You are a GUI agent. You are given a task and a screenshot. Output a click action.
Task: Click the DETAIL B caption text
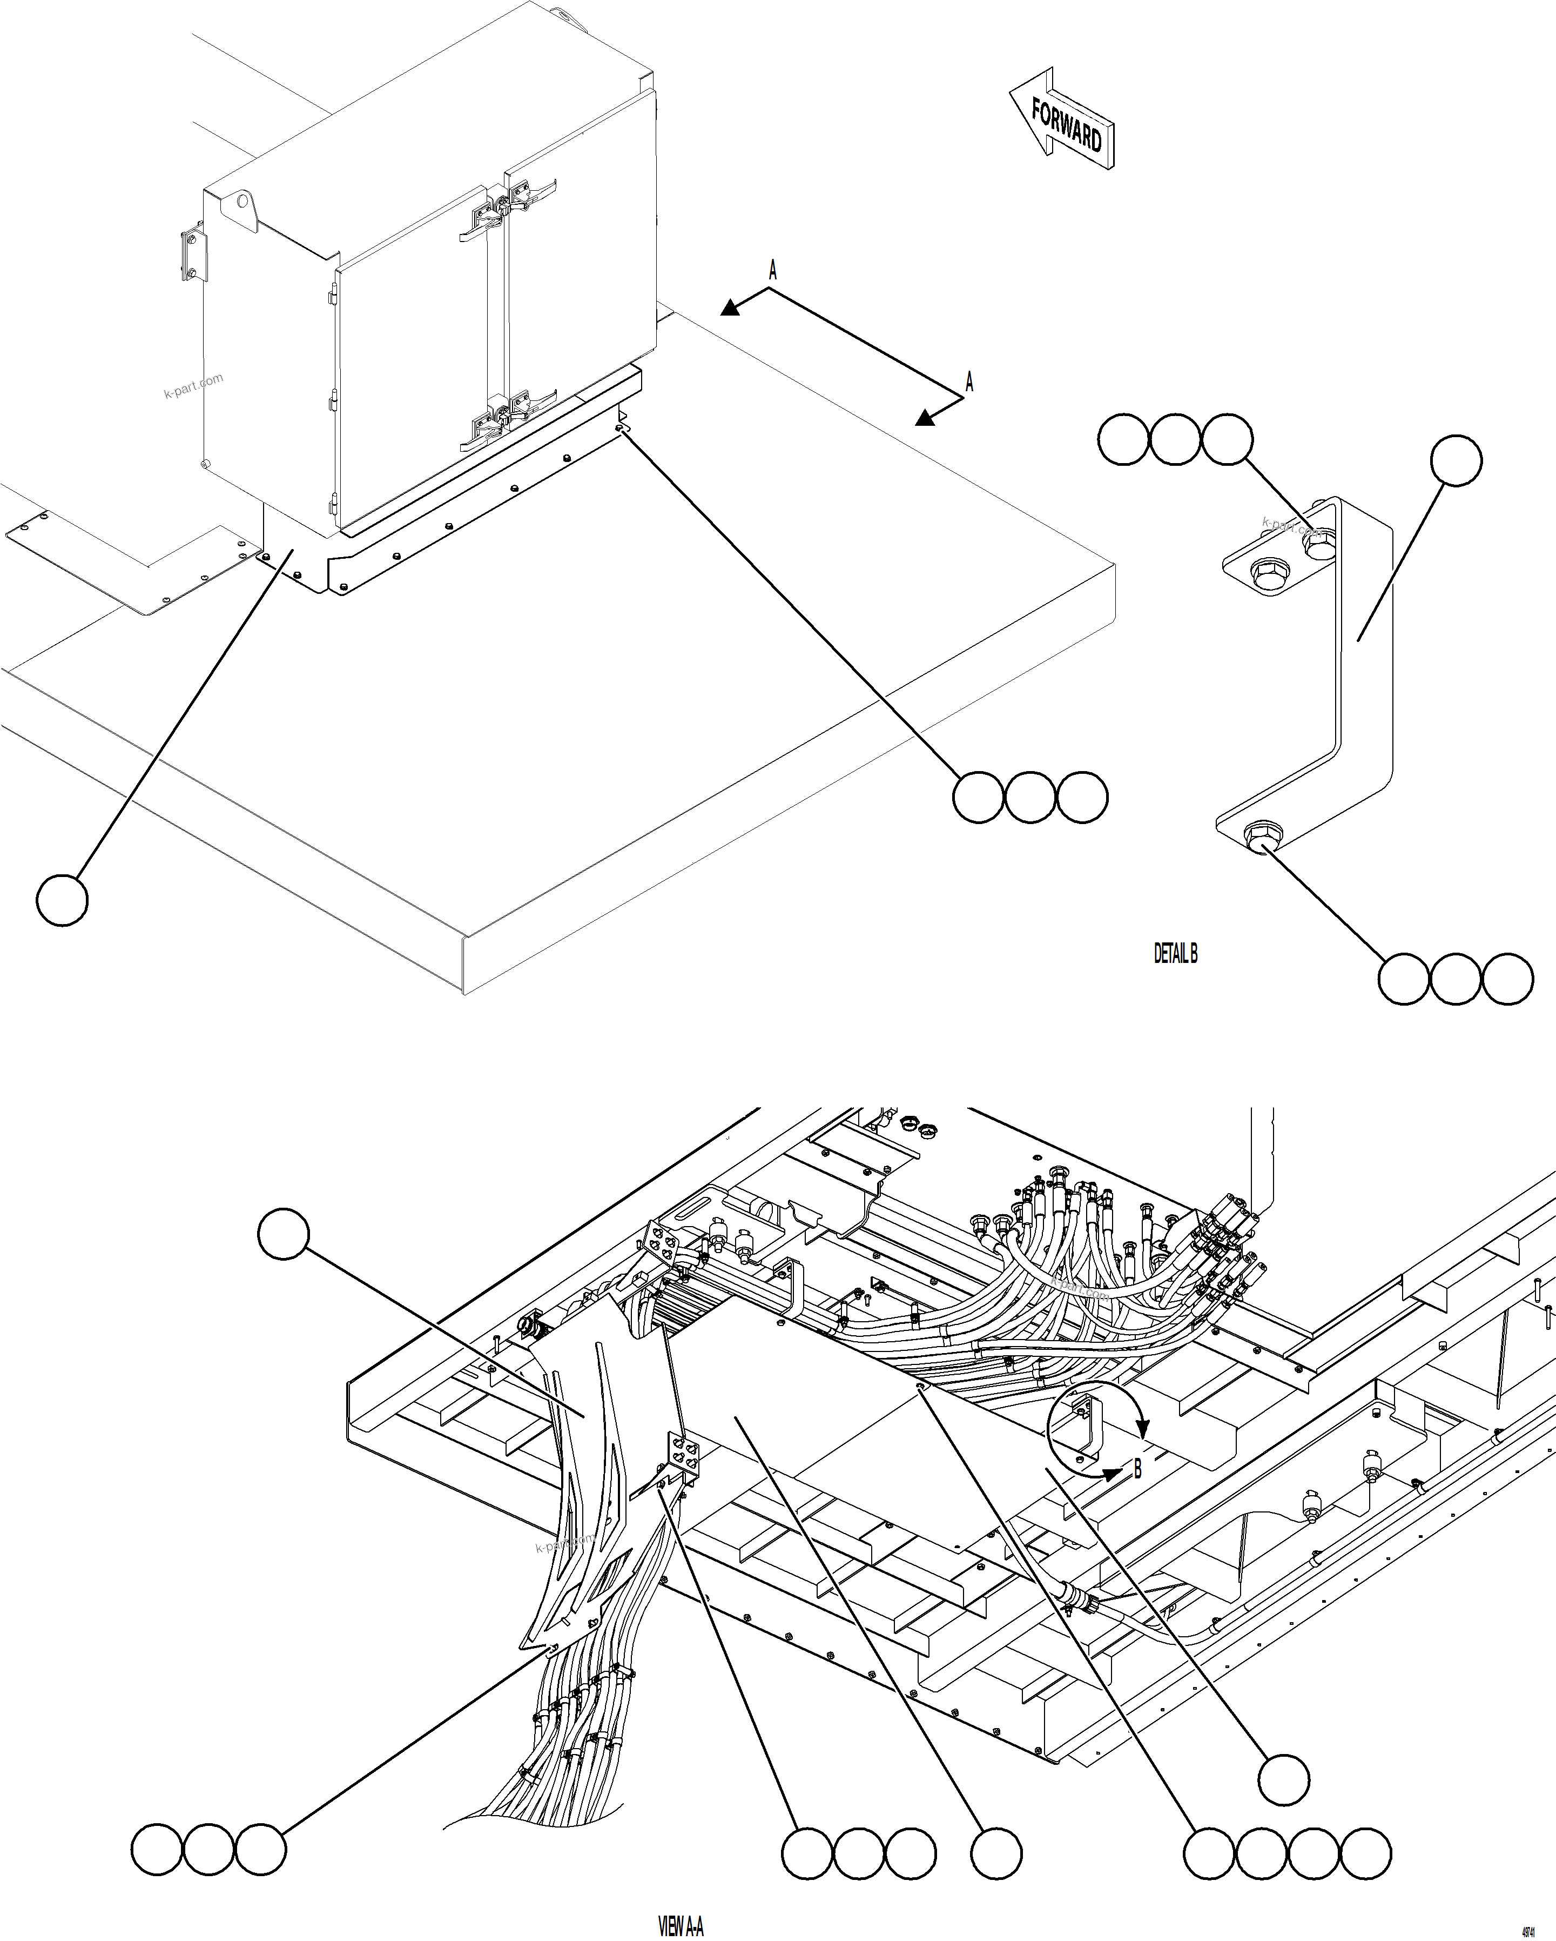(x=1175, y=954)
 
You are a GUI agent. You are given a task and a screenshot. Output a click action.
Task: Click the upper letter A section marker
(x=772, y=269)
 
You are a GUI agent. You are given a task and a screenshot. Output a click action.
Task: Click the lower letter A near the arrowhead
(x=969, y=381)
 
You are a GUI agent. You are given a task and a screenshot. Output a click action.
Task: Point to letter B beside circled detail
(x=1137, y=1468)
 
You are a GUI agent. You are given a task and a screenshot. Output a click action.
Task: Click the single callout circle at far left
(x=62, y=899)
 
